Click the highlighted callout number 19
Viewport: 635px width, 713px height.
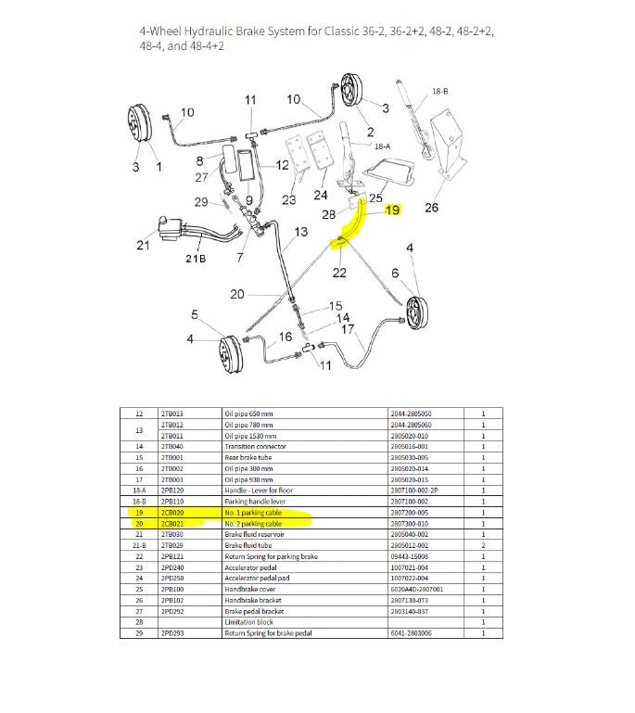(392, 210)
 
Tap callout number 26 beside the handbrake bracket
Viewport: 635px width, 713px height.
(431, 208)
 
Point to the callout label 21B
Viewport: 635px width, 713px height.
(197, 258)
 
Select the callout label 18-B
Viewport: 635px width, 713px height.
(439, 92)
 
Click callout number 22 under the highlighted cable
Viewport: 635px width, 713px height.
(339, 272)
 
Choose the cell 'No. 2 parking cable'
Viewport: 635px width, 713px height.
(253, 524)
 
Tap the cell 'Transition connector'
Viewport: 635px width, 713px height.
(255, 446)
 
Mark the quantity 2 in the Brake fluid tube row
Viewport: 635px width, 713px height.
(483, 546)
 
